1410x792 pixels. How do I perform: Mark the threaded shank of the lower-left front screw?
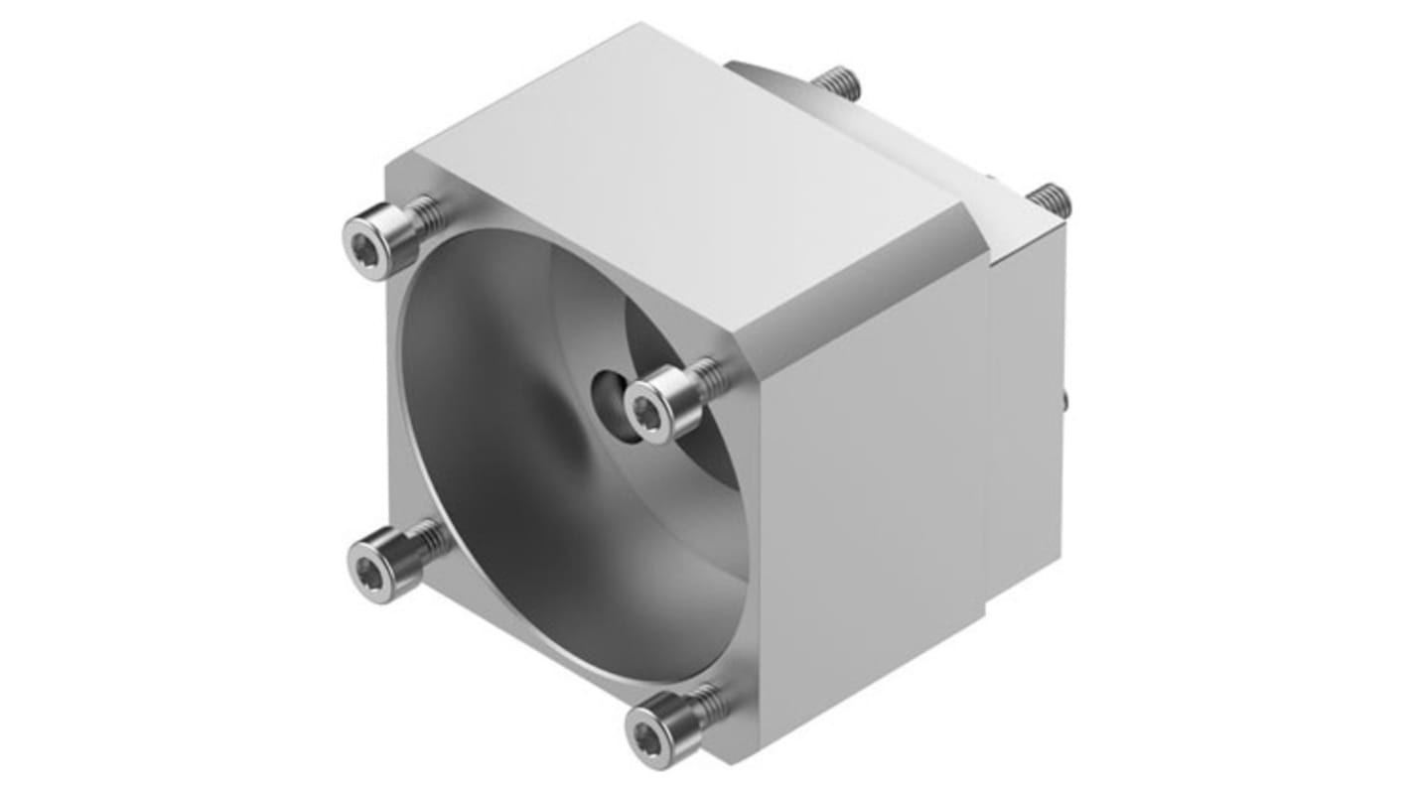click(432, 539)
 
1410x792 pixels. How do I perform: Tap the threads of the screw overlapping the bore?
click(707, 376)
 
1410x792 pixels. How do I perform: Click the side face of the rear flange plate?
click(1028, 397)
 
